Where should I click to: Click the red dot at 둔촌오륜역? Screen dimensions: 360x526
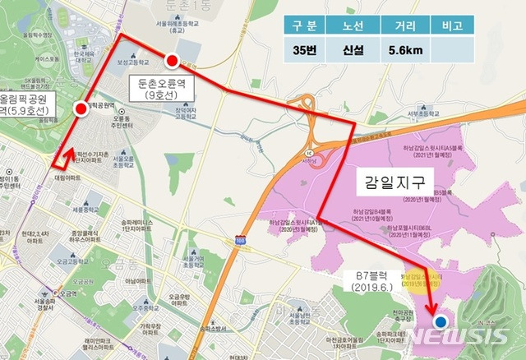click(x=172, y=60)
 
